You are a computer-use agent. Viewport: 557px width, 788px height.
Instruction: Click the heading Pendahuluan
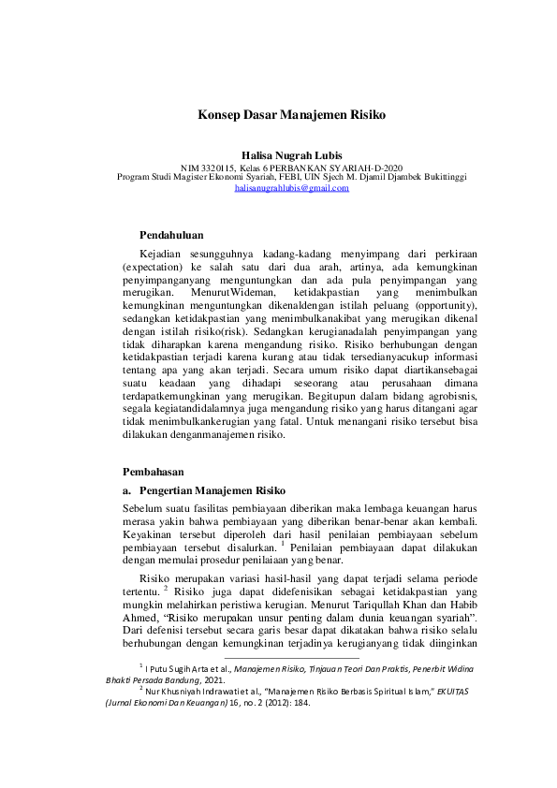171,234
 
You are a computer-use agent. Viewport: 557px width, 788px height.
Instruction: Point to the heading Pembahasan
154,472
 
